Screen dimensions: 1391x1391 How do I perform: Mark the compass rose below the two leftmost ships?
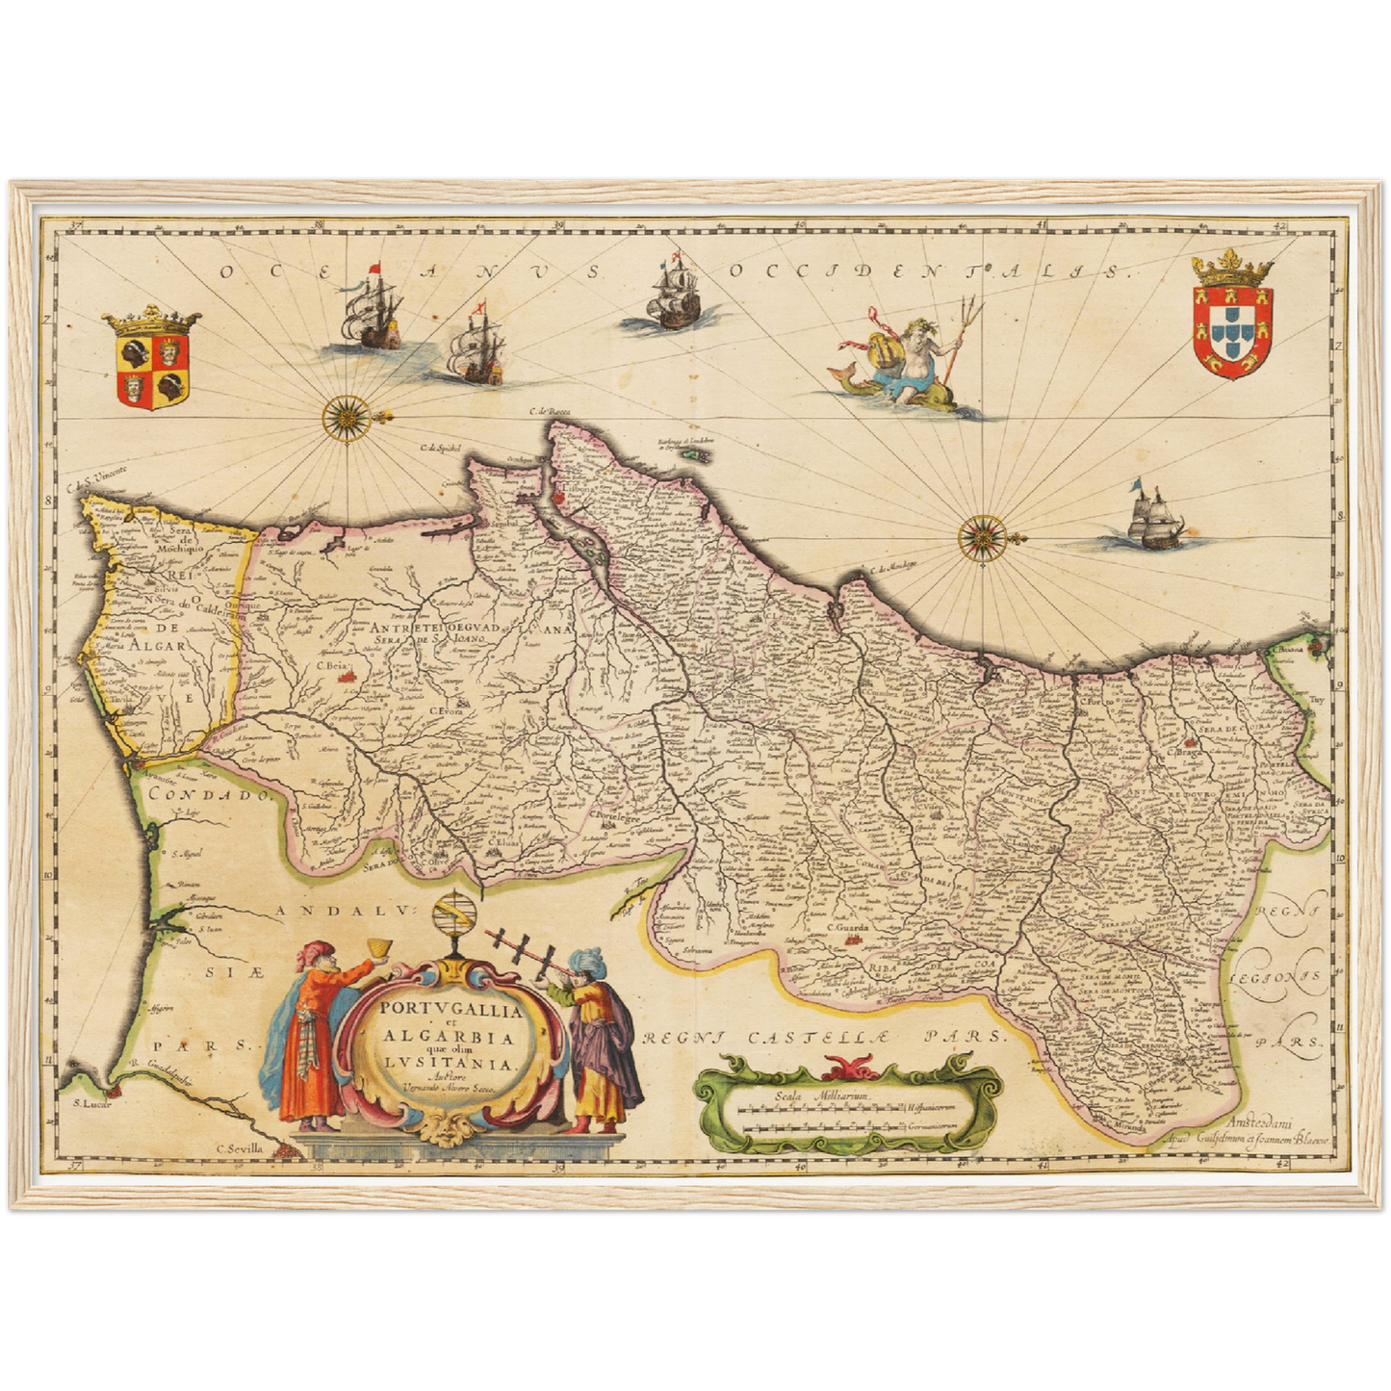(343, 417)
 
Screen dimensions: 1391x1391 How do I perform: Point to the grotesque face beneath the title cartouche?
(446, 1129)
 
